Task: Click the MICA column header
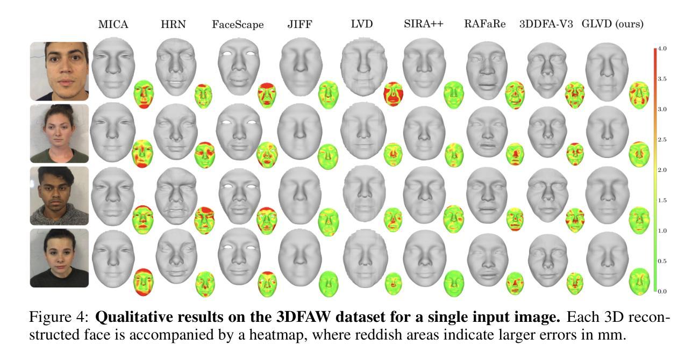click(x=113, y=25)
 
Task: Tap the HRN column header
click(x=174, y=25)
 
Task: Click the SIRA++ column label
click(x=423, y=25)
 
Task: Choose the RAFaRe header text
click(x=486, y=25)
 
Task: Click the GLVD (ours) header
click(x=612, y=25)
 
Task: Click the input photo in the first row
click(x=59, y=71)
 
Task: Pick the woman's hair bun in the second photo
click(x=59, y=110)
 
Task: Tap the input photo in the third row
click(x=59, y=196)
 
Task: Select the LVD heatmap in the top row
click(x=393, y=93)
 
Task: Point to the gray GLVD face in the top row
click(x=607, y=70)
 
